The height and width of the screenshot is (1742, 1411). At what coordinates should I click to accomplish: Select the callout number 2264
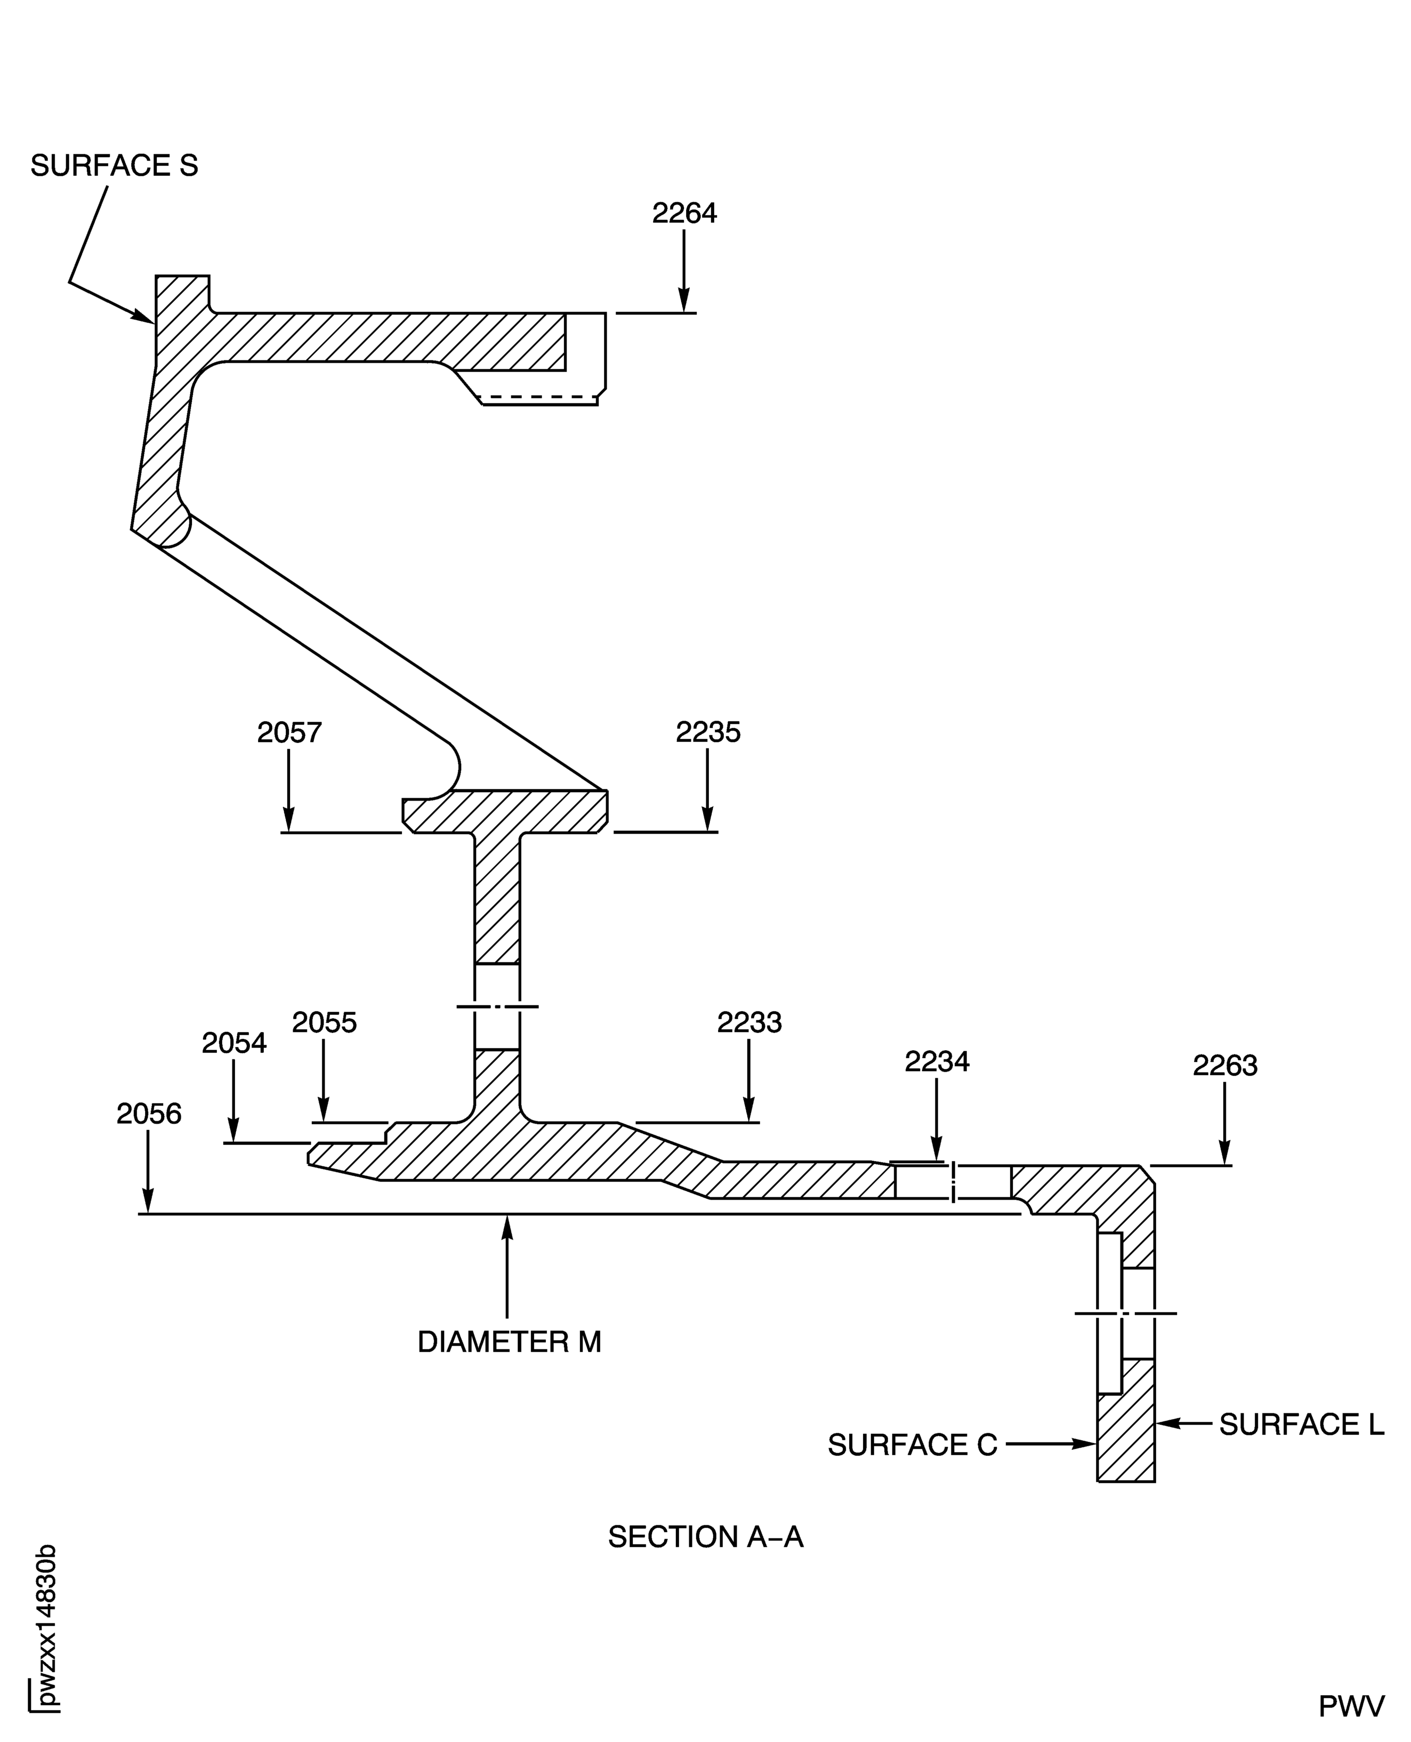click(x=684, y=213)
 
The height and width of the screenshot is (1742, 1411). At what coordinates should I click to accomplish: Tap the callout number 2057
click(x=289, y=732)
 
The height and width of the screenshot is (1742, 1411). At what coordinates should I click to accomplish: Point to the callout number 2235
click(x=708, y=732)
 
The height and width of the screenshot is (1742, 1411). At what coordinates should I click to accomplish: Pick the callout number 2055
click(x=324, y=1022)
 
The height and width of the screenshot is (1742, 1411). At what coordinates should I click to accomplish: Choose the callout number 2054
click(x=234, y=1043)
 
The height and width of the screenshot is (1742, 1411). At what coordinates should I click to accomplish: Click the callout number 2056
click(x=149, y=1114)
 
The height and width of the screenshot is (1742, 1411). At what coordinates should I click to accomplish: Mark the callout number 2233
click(x=748, y=1022)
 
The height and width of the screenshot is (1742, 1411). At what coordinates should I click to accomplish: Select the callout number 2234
click(x=937, y=1062)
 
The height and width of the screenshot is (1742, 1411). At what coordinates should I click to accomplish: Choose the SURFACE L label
click(x=1301, y=1424)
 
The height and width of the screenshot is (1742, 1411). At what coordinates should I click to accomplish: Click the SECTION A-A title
click(x=706, y=1537)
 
